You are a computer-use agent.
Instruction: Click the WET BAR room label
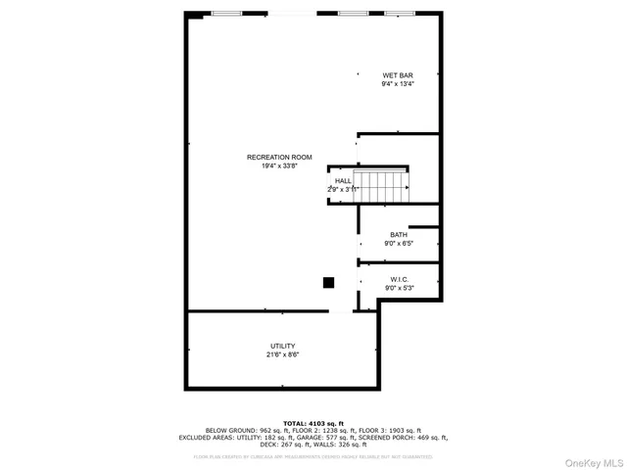(397, 75)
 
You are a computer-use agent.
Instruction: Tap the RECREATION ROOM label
(279, 158)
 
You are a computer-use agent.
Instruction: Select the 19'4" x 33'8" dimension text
(279, 166)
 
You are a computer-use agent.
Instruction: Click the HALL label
(343, 180)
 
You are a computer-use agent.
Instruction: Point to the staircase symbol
(383, 186)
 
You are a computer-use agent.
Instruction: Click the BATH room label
(399, 234)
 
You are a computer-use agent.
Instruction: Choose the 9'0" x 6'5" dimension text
(399, 243)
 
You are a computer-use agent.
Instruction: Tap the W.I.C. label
(399, 279)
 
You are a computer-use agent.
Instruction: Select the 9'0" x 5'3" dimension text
(399, 288)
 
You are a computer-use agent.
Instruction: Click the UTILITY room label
(282, 346)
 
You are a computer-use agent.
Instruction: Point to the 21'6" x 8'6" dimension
(282, 354)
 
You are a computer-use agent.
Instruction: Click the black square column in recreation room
(329, 283)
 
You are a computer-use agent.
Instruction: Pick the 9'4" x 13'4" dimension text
(397, 84)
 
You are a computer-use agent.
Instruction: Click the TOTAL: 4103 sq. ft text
(313, 423)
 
